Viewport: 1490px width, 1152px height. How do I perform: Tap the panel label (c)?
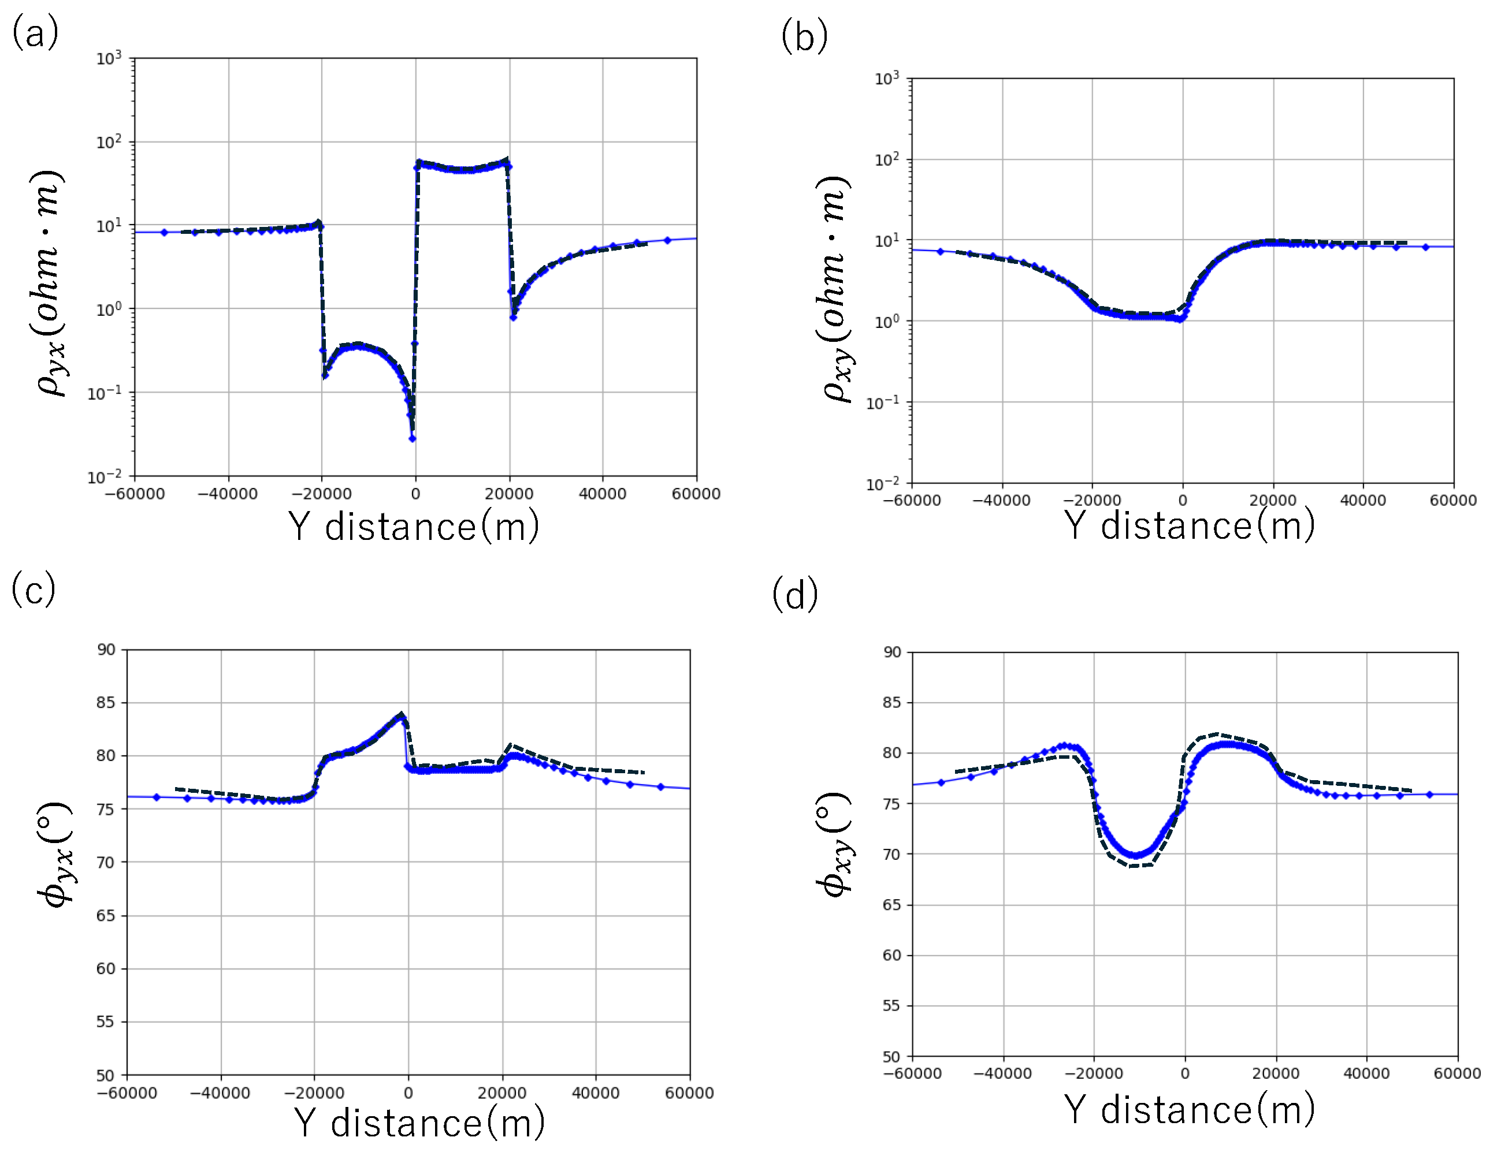[33, 590]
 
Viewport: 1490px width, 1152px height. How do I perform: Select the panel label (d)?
[795, 594]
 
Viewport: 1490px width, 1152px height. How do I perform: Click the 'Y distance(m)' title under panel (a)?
[414, 527]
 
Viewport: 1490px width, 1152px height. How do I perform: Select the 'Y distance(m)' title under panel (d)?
[1189, 1110]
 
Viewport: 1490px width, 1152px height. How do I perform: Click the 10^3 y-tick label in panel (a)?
[109, 58]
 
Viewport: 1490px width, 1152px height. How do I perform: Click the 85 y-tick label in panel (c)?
[106, 703]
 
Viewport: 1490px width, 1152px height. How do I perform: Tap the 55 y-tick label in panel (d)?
[891, 1005]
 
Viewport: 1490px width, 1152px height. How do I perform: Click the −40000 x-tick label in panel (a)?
[227, 494]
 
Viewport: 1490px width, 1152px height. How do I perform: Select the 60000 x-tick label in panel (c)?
[689, 1093]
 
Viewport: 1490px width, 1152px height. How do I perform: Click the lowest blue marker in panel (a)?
[412, 438]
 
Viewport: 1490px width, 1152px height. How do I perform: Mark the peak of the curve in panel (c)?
[401, 714]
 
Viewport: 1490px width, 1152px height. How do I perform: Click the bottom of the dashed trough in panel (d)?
[1138, 866]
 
